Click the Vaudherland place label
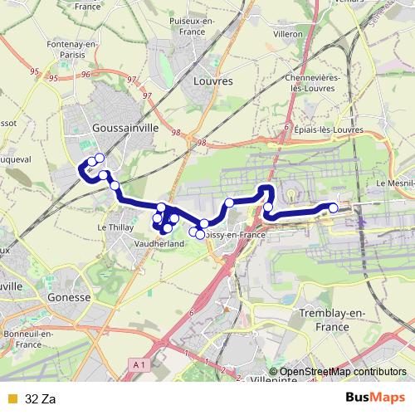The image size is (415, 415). [159, 244]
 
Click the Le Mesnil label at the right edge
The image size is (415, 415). [395, 183]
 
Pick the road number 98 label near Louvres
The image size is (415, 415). [175, 132]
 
